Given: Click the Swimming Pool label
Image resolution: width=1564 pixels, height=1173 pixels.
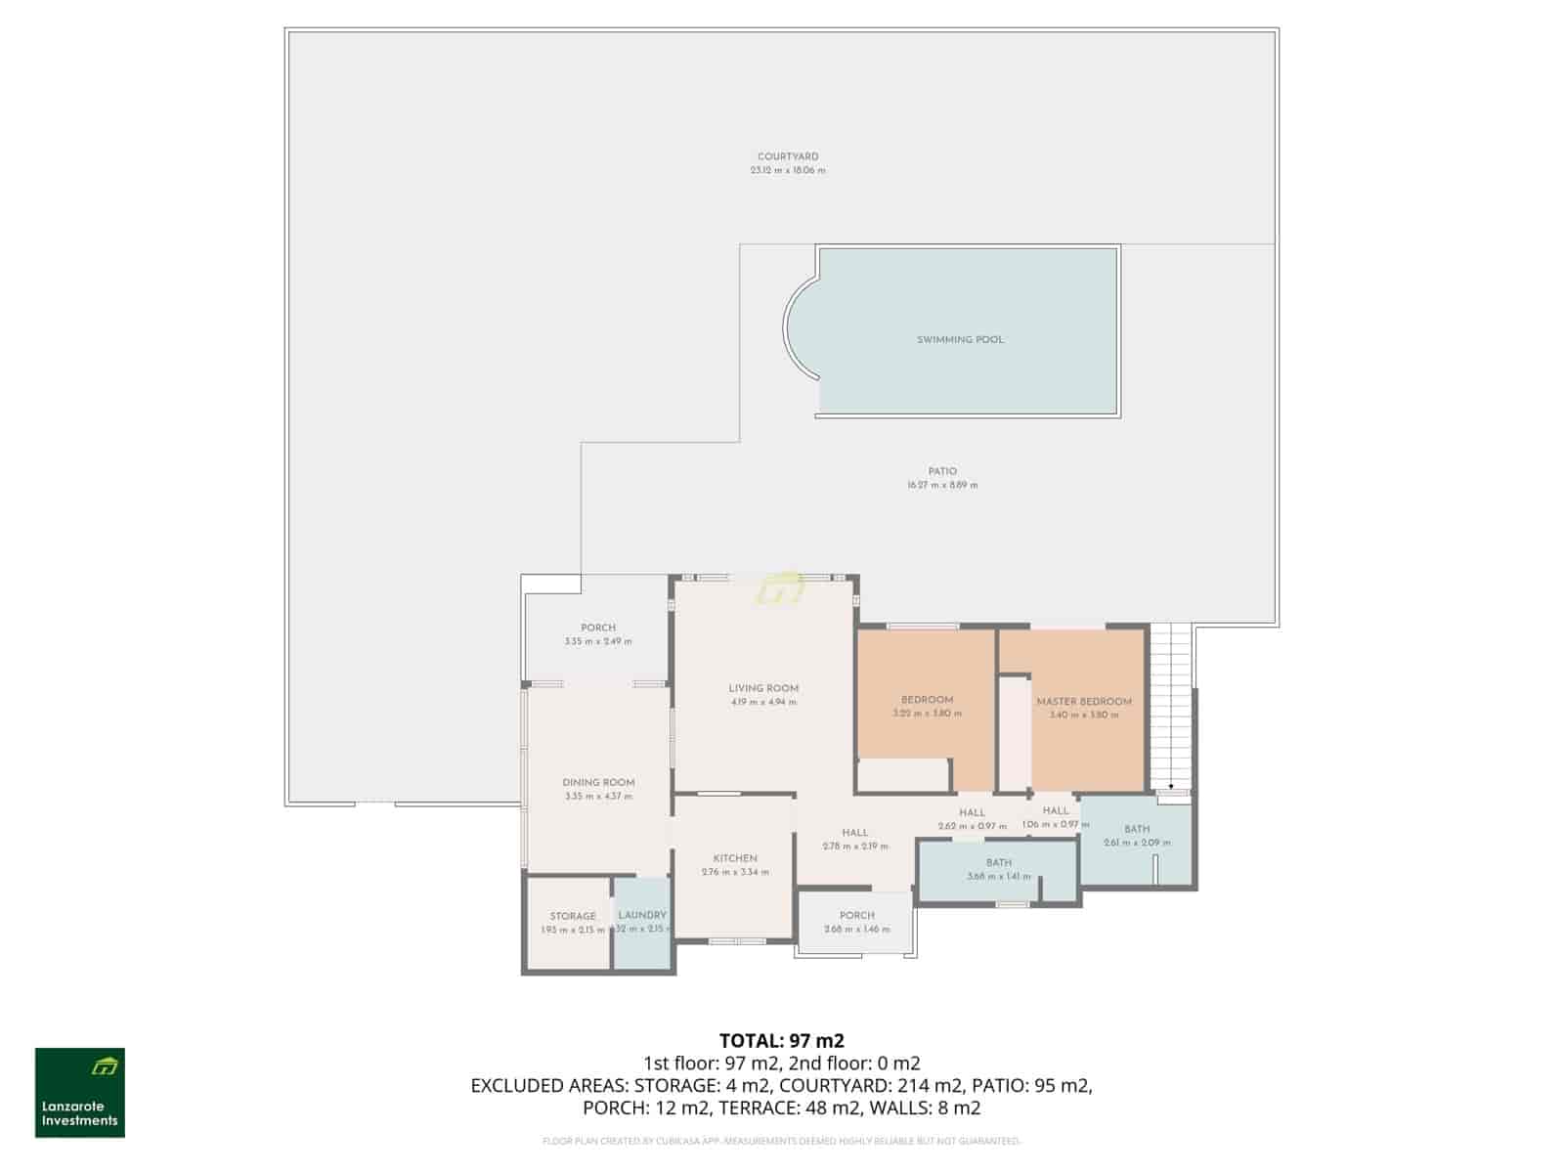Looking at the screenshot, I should (x=960, y=339).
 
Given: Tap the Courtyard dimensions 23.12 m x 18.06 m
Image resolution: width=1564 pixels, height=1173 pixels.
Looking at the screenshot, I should (x=788, y=170).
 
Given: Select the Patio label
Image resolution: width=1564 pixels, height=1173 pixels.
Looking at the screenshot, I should (x=942, y=471).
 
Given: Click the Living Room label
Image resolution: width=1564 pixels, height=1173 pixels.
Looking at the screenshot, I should (x=763, y=688).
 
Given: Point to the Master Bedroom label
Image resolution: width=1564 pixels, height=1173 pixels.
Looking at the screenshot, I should (x=1083, y=701).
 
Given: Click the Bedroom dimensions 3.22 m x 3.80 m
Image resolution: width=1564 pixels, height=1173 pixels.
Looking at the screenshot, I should (x=927, y=714).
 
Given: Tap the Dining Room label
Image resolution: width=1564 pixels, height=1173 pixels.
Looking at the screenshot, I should (x=598, y=782).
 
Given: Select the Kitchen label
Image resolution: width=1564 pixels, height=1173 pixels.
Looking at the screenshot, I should (x=735, y=858).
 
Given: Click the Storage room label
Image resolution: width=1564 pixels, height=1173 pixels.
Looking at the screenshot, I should (x=573, y=916).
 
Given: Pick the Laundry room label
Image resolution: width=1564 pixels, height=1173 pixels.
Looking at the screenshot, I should (x=642, y=915).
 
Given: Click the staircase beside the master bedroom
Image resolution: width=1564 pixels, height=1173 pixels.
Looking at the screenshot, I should (x=1171, y=704).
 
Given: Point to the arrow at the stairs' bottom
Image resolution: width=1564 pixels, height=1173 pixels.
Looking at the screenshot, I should (x=1171, y=785).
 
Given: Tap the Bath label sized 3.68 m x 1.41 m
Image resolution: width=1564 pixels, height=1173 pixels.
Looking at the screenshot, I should (x=998, y=863).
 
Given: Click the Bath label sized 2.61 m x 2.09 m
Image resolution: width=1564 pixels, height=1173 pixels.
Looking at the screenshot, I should (x=1137, y=829).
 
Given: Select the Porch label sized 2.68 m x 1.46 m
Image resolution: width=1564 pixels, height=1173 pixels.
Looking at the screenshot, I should (x=856, y=916).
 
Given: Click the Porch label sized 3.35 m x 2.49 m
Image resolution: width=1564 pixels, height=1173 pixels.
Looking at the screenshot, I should (x=598, y=628).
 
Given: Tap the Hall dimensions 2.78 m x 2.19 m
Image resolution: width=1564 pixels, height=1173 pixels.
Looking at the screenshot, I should (x=855, y=847).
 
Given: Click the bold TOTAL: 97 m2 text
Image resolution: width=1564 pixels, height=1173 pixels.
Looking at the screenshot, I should (x=782, y=1040).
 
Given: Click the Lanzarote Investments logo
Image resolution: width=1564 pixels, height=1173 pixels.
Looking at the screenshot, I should (x=80, y=1093).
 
